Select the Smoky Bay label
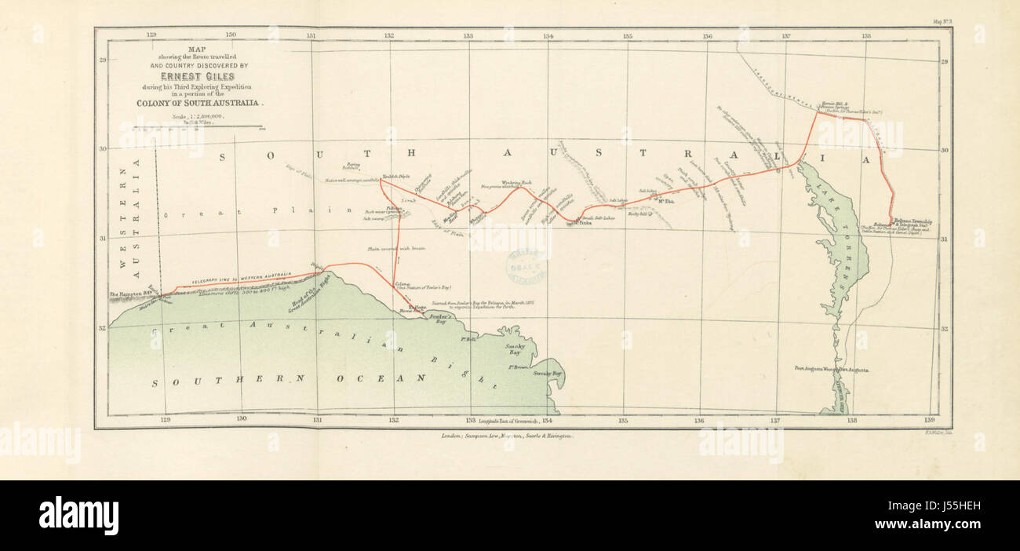(x=515, y=348)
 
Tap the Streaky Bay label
(x=548, y=374)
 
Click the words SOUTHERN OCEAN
(x=288, y=380)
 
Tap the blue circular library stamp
(x=526, y=268)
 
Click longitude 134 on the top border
(x=548, y=35)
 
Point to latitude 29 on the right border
(x=945, y=61)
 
